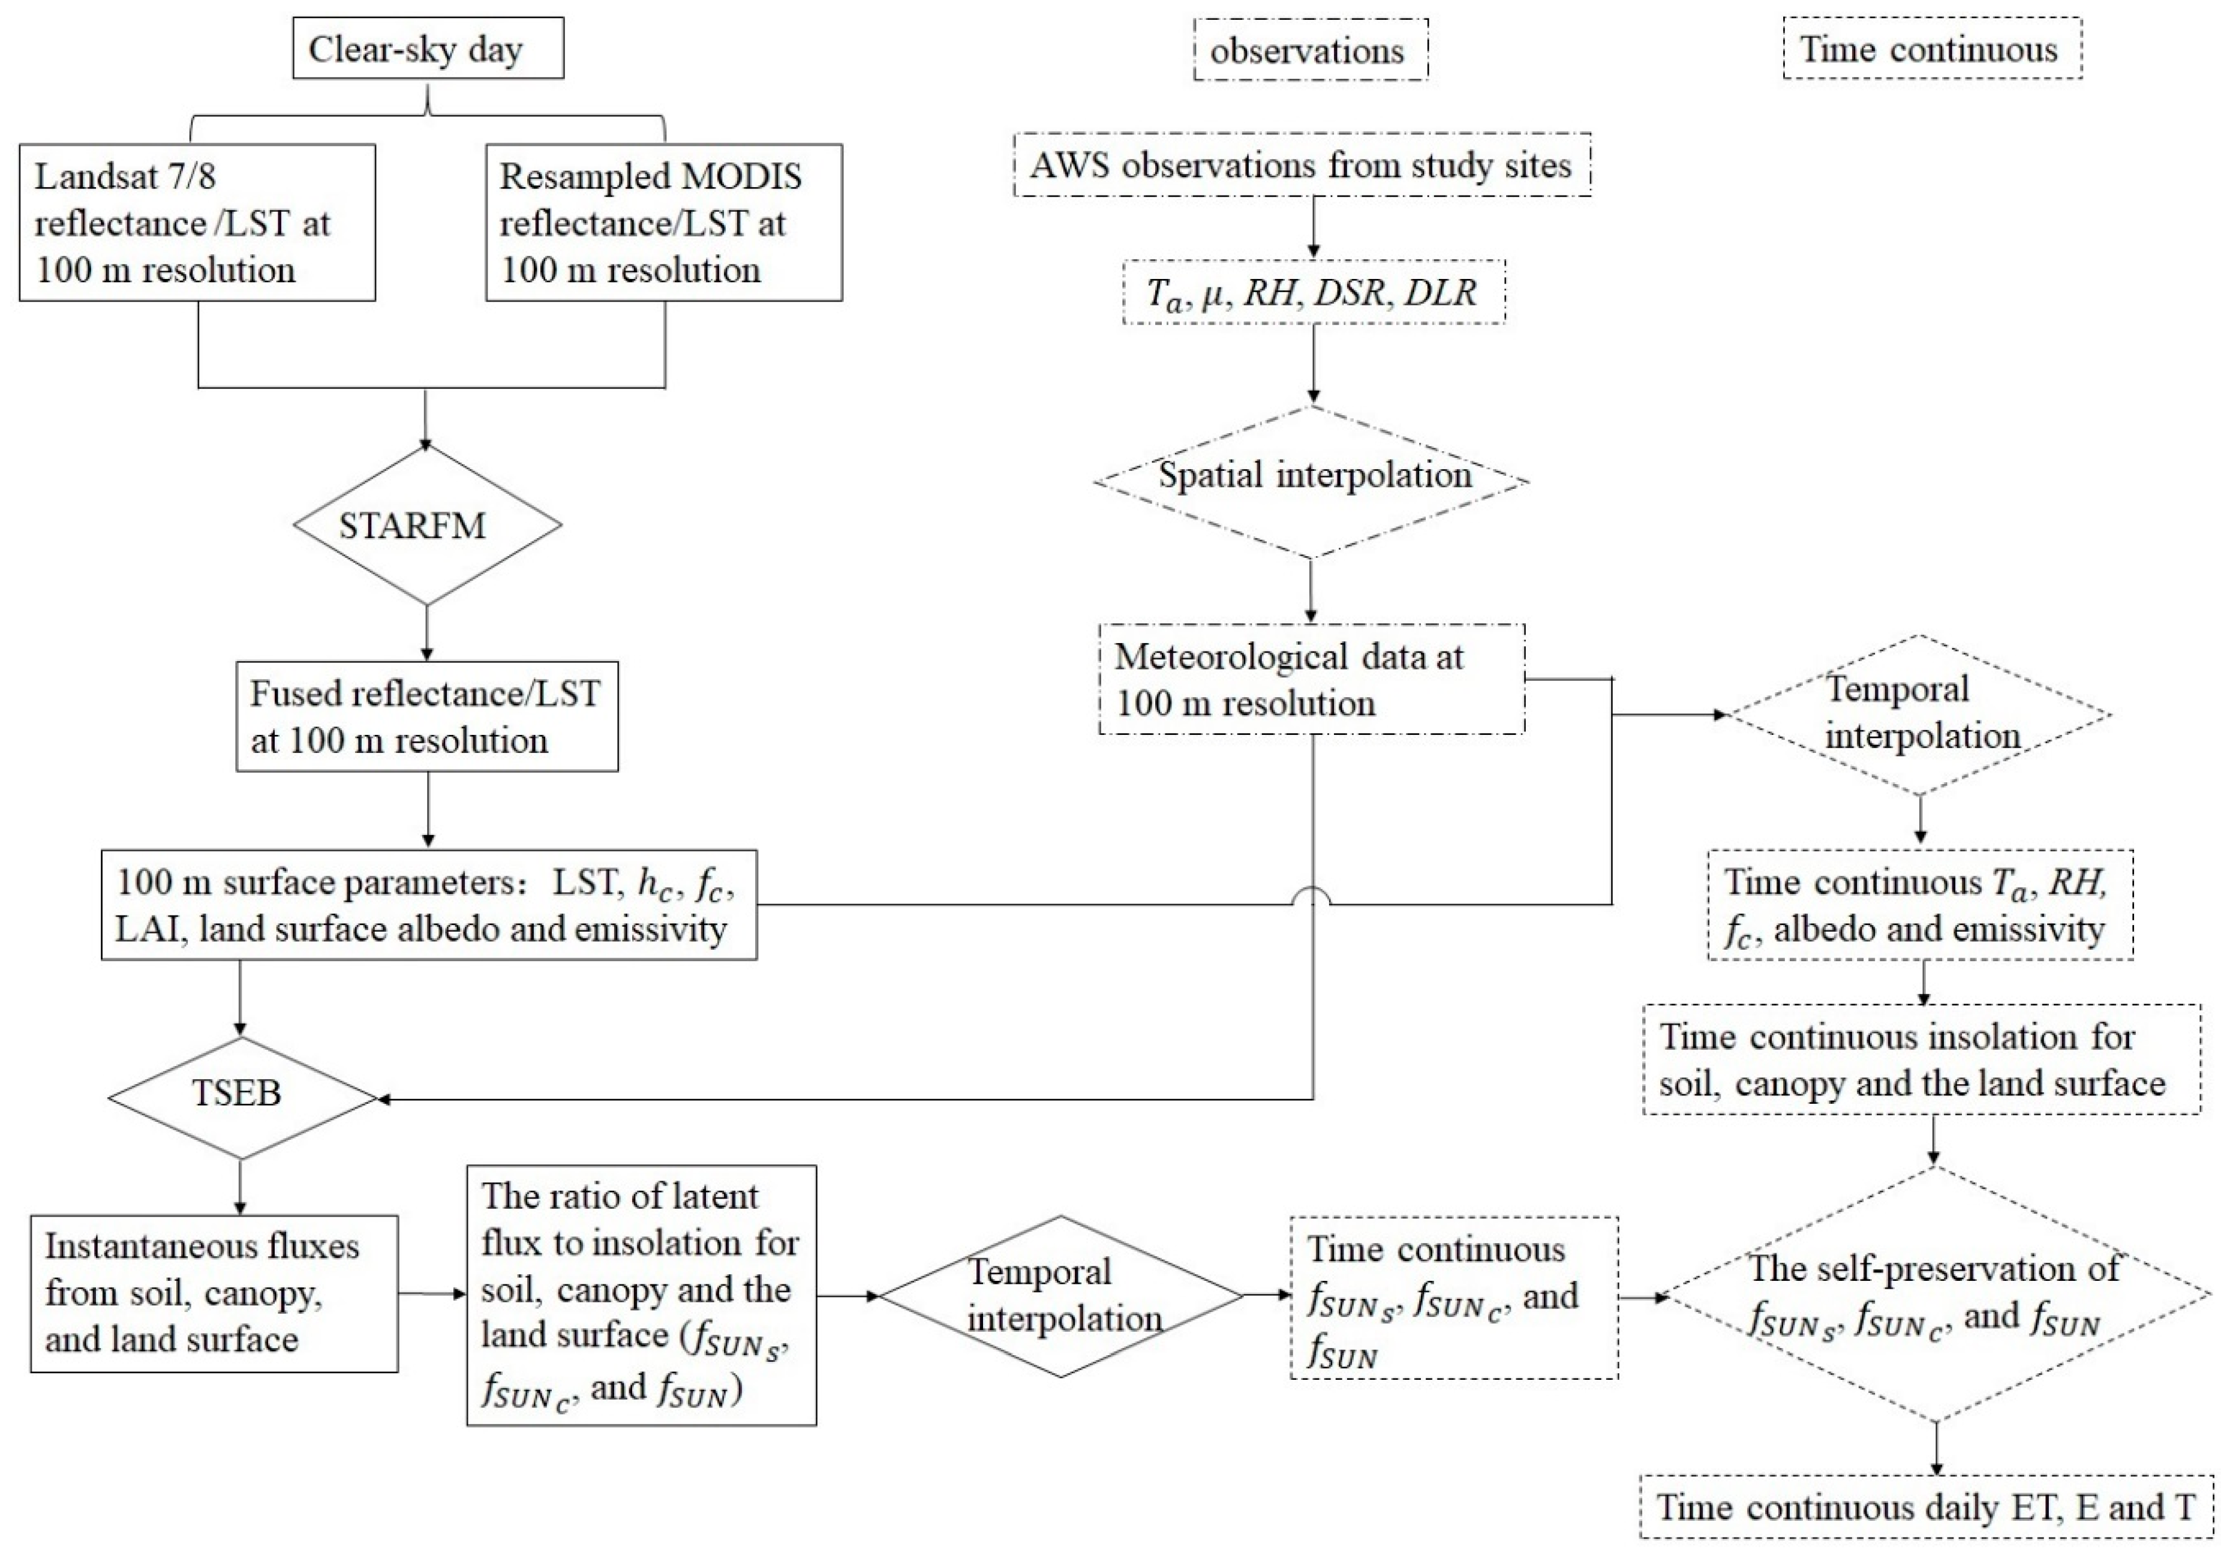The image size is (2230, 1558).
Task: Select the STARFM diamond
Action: click(428, 526)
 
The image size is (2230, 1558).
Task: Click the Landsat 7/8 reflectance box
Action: click(197, 223)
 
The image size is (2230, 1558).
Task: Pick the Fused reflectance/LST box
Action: click(428, 717)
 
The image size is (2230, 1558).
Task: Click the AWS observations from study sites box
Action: click(1302, 165)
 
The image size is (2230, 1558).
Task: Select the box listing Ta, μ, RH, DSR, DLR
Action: click(1313, 292)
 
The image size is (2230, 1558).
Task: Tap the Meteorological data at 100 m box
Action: click(1311, 679)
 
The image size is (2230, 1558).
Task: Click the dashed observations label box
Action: click(1310, 50)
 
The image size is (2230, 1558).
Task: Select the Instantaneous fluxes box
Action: click(214, 1293)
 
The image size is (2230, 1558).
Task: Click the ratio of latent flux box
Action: click(641, 1295)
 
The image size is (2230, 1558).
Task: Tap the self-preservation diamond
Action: click(1936, 1294)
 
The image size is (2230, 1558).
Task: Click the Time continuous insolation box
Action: click(1921, 1059)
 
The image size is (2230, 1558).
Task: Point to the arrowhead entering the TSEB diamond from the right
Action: click(384, 1100)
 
